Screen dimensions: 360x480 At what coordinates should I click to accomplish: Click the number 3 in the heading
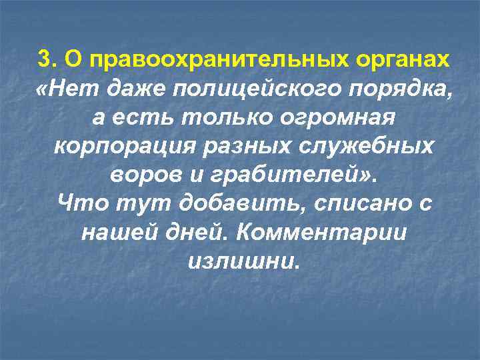[x=44, y=59]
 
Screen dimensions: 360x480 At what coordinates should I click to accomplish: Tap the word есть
[x=142, y=117]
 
